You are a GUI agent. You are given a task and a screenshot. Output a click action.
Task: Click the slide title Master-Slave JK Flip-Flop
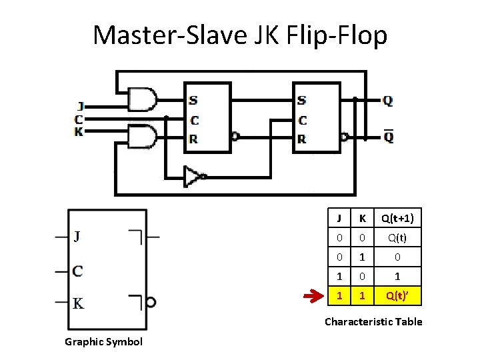click(240, 35)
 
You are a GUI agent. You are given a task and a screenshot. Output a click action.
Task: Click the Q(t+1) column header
click(397, 218)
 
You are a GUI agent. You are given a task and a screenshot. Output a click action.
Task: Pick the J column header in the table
click(340, 218)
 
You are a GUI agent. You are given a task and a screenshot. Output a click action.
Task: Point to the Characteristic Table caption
click(373, 322)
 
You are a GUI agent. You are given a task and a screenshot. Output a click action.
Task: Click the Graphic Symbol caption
click(103, 342)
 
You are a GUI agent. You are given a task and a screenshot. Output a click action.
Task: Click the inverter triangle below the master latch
click(193, 176)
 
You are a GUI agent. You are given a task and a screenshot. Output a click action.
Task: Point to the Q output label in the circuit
click(387, 101)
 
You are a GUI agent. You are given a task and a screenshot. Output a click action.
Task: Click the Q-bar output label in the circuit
click(387, 137)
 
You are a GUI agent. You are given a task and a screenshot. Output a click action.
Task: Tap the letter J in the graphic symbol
click(79, 236)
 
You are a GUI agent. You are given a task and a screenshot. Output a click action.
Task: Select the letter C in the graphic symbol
click(78, 271)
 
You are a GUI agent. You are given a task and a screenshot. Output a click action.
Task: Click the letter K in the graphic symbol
click(79, 304)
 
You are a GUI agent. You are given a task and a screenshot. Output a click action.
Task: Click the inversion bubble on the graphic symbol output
click(151, 303)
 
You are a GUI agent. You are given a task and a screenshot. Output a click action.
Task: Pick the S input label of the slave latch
click(302, 101)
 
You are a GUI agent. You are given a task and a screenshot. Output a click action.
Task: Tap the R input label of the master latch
click(193, 139)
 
